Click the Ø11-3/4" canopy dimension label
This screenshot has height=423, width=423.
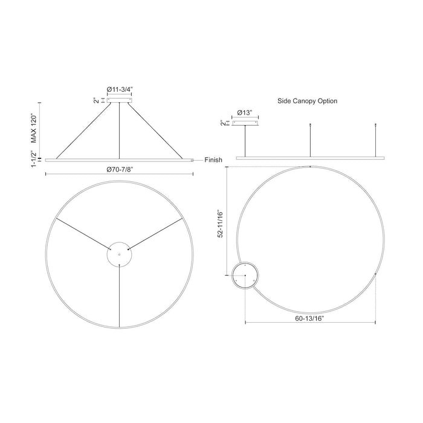click(120, 89)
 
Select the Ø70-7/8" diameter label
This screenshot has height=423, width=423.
click(120, 169)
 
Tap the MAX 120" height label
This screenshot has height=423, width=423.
click(33, 129)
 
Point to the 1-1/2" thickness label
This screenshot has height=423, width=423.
click(33, 159)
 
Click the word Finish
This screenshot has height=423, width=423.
click(213, 160)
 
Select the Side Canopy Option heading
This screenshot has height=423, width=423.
click(307, 101)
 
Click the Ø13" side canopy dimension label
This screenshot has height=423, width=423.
click(245, 113)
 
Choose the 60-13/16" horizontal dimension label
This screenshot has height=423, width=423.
click(309, 318)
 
